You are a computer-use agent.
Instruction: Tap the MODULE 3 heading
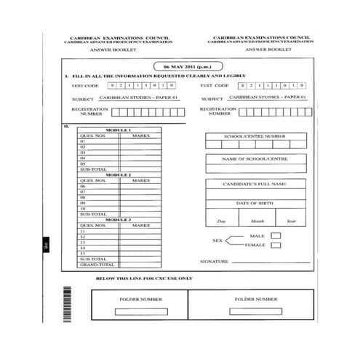pyautogui.click(x=119, y=219)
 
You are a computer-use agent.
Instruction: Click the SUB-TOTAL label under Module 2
pyautogui.click(x=92, y=214)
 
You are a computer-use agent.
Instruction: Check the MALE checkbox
pyautogui.click(x=276, y=236)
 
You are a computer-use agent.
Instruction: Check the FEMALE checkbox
pyautogui.click(x=276, y=245)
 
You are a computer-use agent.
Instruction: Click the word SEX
pyautogui.click(x=216, y=240)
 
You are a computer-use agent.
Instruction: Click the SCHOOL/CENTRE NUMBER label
pyautogui.click(x=254, y=136)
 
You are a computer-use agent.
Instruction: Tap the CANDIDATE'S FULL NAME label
pyautogui.click(x=254, y=184)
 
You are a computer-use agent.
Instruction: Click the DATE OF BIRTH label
pyautogui.click(x=254, y=203)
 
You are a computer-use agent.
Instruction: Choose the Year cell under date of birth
pyautogui.click(x=291, y=220)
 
